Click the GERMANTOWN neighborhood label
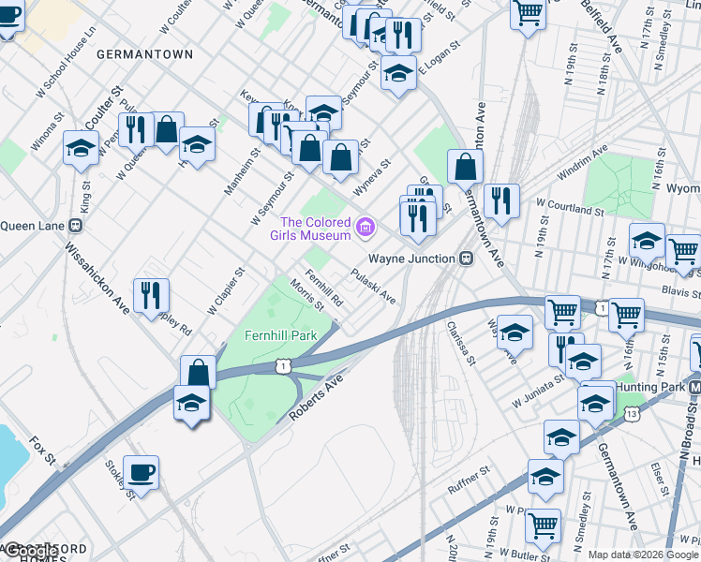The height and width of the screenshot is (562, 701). click(x=144, y=54)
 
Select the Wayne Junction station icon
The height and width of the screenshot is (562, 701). click(x=465, y=258)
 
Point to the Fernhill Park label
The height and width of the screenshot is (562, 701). click(x=279, y=333)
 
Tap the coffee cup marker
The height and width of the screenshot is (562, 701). click(x=141, y=472)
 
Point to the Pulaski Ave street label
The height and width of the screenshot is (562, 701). click(x=373, y=286)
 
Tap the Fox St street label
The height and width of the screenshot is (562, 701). click(x=43, y=451)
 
